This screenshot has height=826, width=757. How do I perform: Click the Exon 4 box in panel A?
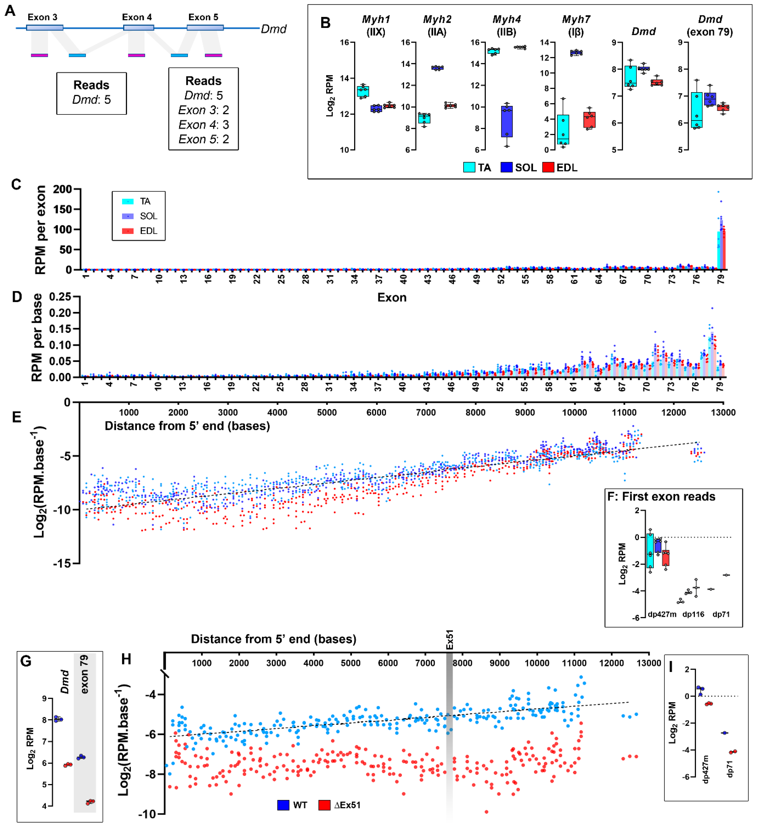(x=139, y=27)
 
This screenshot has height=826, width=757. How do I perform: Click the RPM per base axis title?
(x=37, y=337)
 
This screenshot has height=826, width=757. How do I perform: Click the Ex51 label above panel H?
(x=449, y=639)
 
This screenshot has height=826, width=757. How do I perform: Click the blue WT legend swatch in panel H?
(x=283, y=805)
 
